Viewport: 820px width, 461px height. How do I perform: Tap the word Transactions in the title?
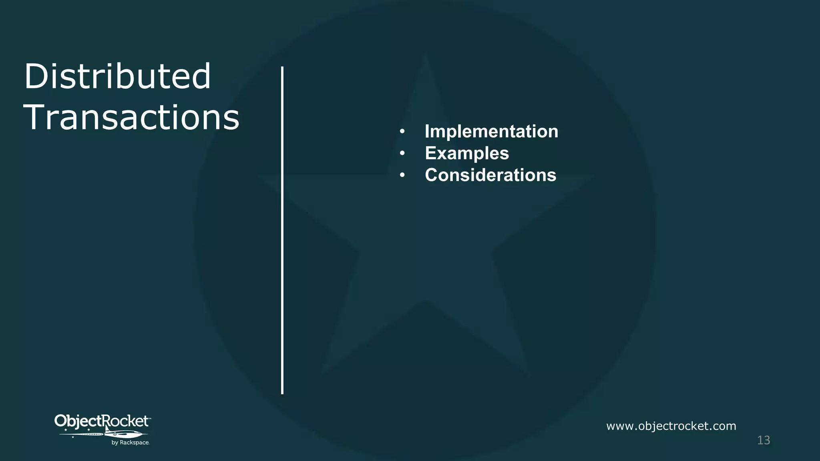131,117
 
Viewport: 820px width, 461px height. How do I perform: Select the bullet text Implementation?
491,131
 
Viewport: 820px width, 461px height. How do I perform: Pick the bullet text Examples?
467,153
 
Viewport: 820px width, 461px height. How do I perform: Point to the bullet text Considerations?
490,175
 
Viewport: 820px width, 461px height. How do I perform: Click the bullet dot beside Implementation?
402,132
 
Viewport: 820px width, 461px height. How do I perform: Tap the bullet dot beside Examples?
402,154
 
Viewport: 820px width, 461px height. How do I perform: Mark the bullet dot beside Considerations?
402,175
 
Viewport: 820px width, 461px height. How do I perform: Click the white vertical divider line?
282,230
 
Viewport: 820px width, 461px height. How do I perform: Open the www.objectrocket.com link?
671,426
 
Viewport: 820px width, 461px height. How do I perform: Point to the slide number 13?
764,440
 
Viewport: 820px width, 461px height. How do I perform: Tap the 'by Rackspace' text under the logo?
130,443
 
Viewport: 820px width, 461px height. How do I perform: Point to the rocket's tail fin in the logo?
107,429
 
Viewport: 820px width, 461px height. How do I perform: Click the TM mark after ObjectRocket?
150,418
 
